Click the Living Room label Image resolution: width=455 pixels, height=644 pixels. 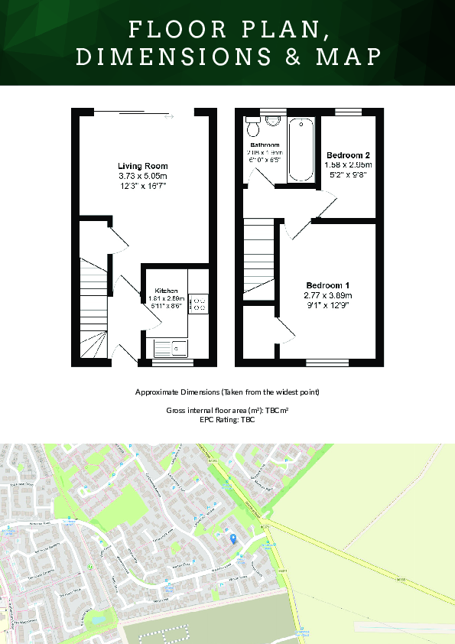pos(142,166)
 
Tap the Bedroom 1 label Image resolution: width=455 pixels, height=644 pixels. pos(327,285)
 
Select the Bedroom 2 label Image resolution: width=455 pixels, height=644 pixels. pos(347,154)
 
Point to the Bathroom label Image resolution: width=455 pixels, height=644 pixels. pos(265,145)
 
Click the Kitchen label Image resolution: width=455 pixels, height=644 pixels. pos(167,291)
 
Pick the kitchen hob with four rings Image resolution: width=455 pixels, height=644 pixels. pos(199,304)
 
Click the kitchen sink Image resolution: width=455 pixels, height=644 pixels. pos(169,349)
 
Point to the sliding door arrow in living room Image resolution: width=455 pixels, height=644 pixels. pos(169,116)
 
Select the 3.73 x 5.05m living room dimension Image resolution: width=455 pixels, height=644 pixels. pos(142,176)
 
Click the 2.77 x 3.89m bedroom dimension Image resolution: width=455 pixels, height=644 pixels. pos(327,295)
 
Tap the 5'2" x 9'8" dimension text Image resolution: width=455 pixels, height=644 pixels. pos(347,174)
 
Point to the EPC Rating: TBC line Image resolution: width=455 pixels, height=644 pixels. pos(227,420)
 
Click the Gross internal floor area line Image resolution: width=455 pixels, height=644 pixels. pos(227,411)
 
